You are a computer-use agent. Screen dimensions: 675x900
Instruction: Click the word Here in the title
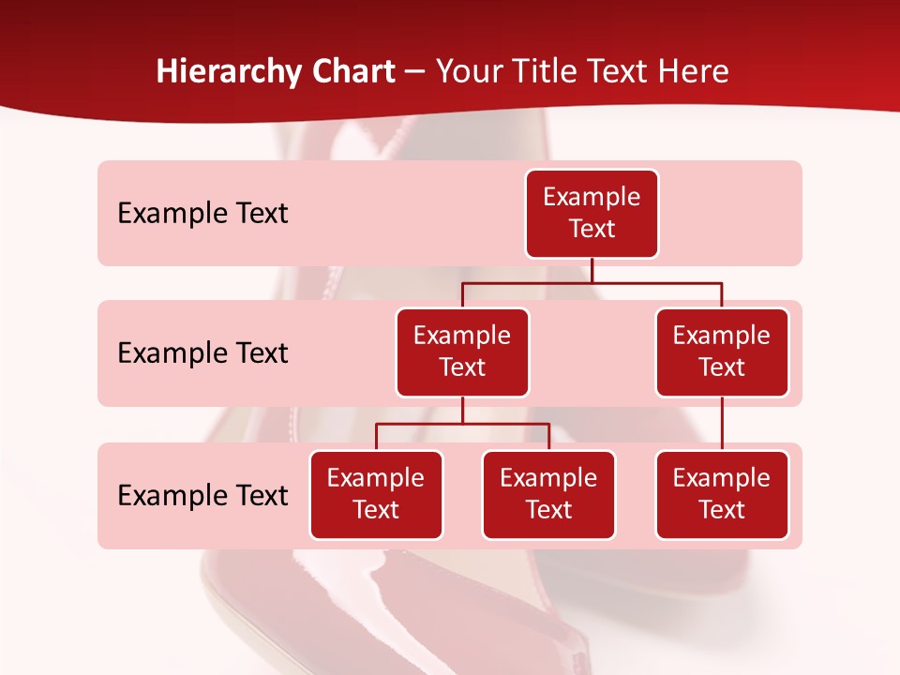pos(694,72)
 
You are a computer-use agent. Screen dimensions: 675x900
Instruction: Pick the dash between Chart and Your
pos(415,73)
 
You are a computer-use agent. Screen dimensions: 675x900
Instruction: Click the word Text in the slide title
pos(621,72)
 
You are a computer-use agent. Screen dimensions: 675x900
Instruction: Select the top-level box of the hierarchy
pos(592,214)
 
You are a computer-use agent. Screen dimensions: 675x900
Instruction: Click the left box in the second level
pos(462,352)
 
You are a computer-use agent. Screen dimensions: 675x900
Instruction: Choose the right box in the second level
pos(722,352)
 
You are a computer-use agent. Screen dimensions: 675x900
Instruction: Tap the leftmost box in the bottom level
pos(376,495)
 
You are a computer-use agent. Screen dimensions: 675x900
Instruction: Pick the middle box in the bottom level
pos(548,495)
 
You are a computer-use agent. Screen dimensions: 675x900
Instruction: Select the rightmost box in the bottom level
pos(722,495)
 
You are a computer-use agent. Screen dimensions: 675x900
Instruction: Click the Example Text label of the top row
pos(202,214)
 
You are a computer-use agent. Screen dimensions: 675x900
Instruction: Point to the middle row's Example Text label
pos(202,353)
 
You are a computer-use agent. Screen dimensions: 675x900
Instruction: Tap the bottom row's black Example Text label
pos(202,496)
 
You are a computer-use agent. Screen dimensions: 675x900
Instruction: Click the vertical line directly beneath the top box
pos(592,270)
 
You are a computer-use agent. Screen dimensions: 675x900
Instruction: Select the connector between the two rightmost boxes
pos(722,424)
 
